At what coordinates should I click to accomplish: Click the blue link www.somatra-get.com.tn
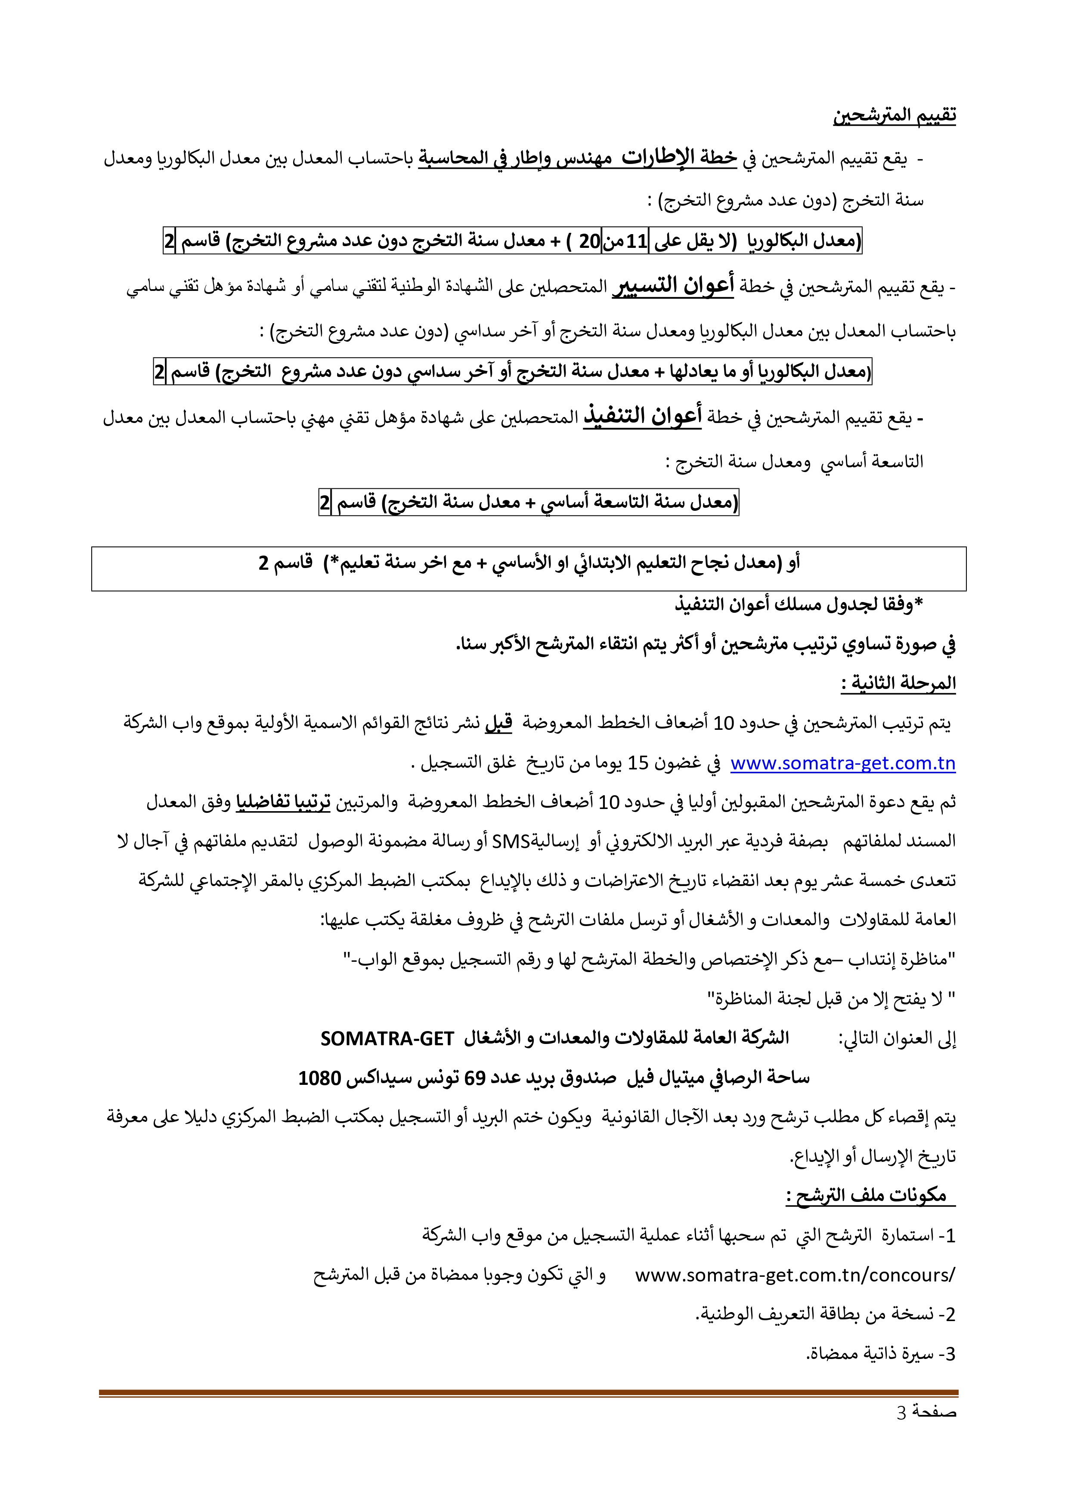point(842,763)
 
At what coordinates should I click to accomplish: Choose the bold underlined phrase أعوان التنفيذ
point(642,416)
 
